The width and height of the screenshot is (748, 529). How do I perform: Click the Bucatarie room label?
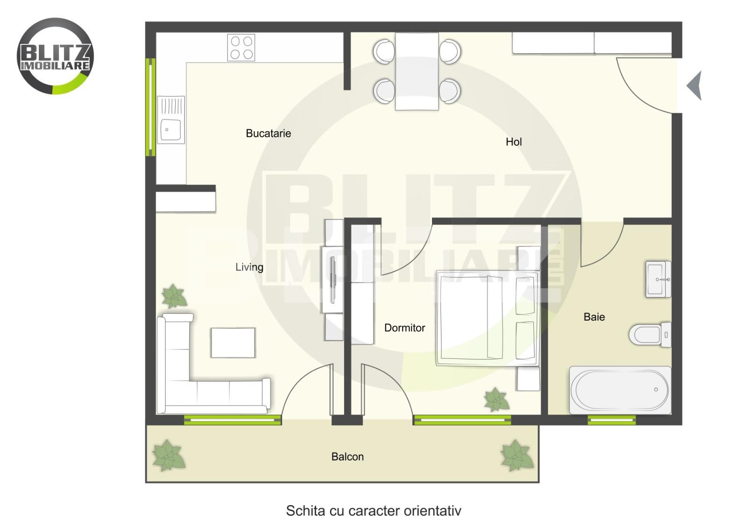point(268,134)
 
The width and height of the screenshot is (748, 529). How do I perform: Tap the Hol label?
point(514,142)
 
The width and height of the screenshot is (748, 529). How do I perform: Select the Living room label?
point(249,267)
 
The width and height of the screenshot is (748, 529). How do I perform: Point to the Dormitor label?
point(404,328)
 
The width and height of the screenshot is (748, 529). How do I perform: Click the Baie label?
point(594,317)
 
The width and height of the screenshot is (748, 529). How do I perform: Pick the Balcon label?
point(347,457)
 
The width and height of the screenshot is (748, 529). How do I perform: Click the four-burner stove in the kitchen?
point(241,47)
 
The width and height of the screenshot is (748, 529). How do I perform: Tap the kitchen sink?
point(171,120)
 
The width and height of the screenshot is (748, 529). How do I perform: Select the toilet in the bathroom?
point(650,335)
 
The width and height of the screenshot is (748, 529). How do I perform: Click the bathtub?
point(620,390)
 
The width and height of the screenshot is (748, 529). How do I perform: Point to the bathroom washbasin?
point(658,279)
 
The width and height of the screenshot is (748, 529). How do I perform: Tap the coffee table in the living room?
point(233,343)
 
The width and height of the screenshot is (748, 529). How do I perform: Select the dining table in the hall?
point(417,71)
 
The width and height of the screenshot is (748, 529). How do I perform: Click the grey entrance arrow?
point(694,86)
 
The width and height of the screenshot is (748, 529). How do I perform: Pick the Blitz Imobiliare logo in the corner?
point(56,56)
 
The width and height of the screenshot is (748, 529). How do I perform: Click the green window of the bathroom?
point(611,420)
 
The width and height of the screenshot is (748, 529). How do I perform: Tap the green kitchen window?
point(151,107)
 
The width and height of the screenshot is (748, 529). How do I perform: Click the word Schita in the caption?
point(305,511)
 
